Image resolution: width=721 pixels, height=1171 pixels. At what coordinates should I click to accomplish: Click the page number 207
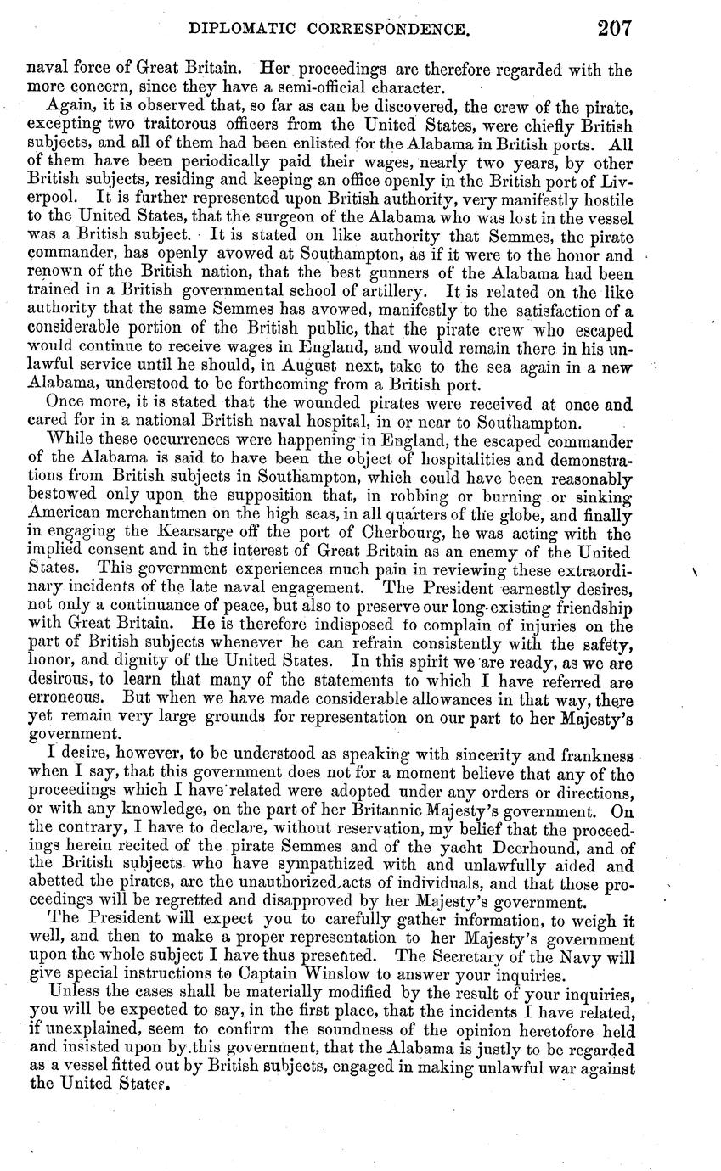click(x=614, y=30)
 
